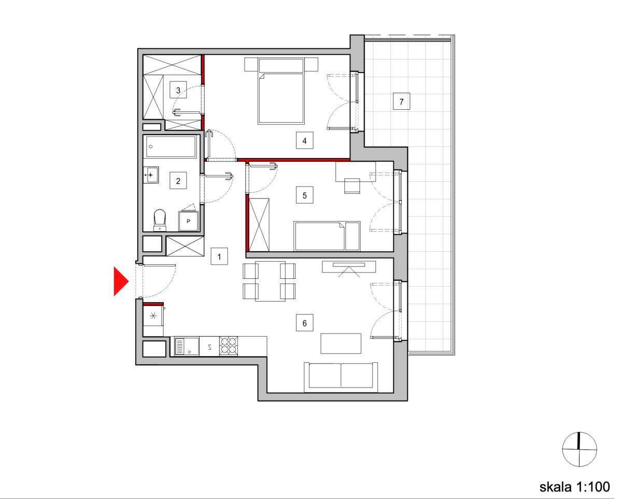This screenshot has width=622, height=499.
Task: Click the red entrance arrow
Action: (x=120, y=281)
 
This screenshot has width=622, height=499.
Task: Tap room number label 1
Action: (x=219, y=256)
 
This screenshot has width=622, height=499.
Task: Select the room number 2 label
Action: (x=178, y=181)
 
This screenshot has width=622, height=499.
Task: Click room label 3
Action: (x=178, y=90)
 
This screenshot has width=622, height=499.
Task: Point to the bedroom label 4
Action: (x=305, y=140)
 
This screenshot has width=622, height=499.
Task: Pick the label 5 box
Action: (x=305, y=195)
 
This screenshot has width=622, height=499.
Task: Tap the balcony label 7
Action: (x=402, y=102)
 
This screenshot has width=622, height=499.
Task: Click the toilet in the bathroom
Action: (x=160, y=220)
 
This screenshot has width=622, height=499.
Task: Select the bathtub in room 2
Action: (x=171, y=147)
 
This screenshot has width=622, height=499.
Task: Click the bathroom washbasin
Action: (x=151, y=175)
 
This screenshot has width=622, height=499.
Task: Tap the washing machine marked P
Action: (x=189, y=221)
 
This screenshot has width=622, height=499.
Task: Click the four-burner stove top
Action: (x=229, y=346)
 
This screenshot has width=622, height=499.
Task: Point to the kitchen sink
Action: (x=187, y=346)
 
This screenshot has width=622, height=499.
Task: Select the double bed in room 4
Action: (x=281, y=91)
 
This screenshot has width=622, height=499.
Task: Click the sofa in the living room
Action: (x=341, y=377)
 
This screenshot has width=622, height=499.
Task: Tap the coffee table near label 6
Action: (x=341, y=343)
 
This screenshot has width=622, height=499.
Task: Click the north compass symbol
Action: (x=579, y=449)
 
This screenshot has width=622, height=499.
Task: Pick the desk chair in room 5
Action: (x=352, y=186)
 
